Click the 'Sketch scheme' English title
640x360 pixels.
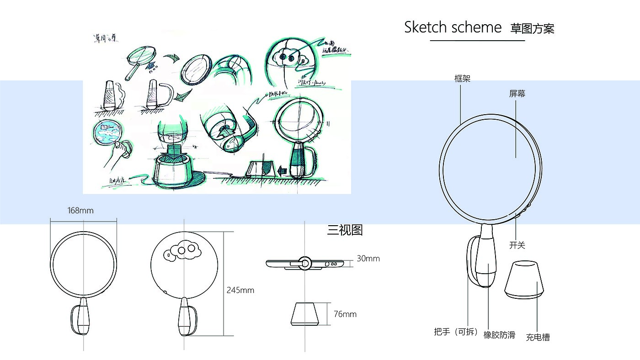(x=453, y=27)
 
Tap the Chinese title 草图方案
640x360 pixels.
(x=532, y=29)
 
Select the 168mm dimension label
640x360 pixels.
(x=80, y=211)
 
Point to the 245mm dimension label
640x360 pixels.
(x=240, y=290)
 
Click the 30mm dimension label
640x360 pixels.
(x=368, y=259)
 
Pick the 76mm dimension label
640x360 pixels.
(x=345, y=314)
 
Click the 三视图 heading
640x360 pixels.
(x=345, y=230)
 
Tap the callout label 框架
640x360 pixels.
(x=462, y=79)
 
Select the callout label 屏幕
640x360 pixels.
(x=517, y=94)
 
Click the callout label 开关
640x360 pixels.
(x=517, y=245)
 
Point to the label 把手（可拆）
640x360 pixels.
(x=456, y=332)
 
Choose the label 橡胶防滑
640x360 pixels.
(x=499, y=335)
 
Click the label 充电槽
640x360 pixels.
(x=538, y=338)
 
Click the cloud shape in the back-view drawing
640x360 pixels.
(x=182, y=251)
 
